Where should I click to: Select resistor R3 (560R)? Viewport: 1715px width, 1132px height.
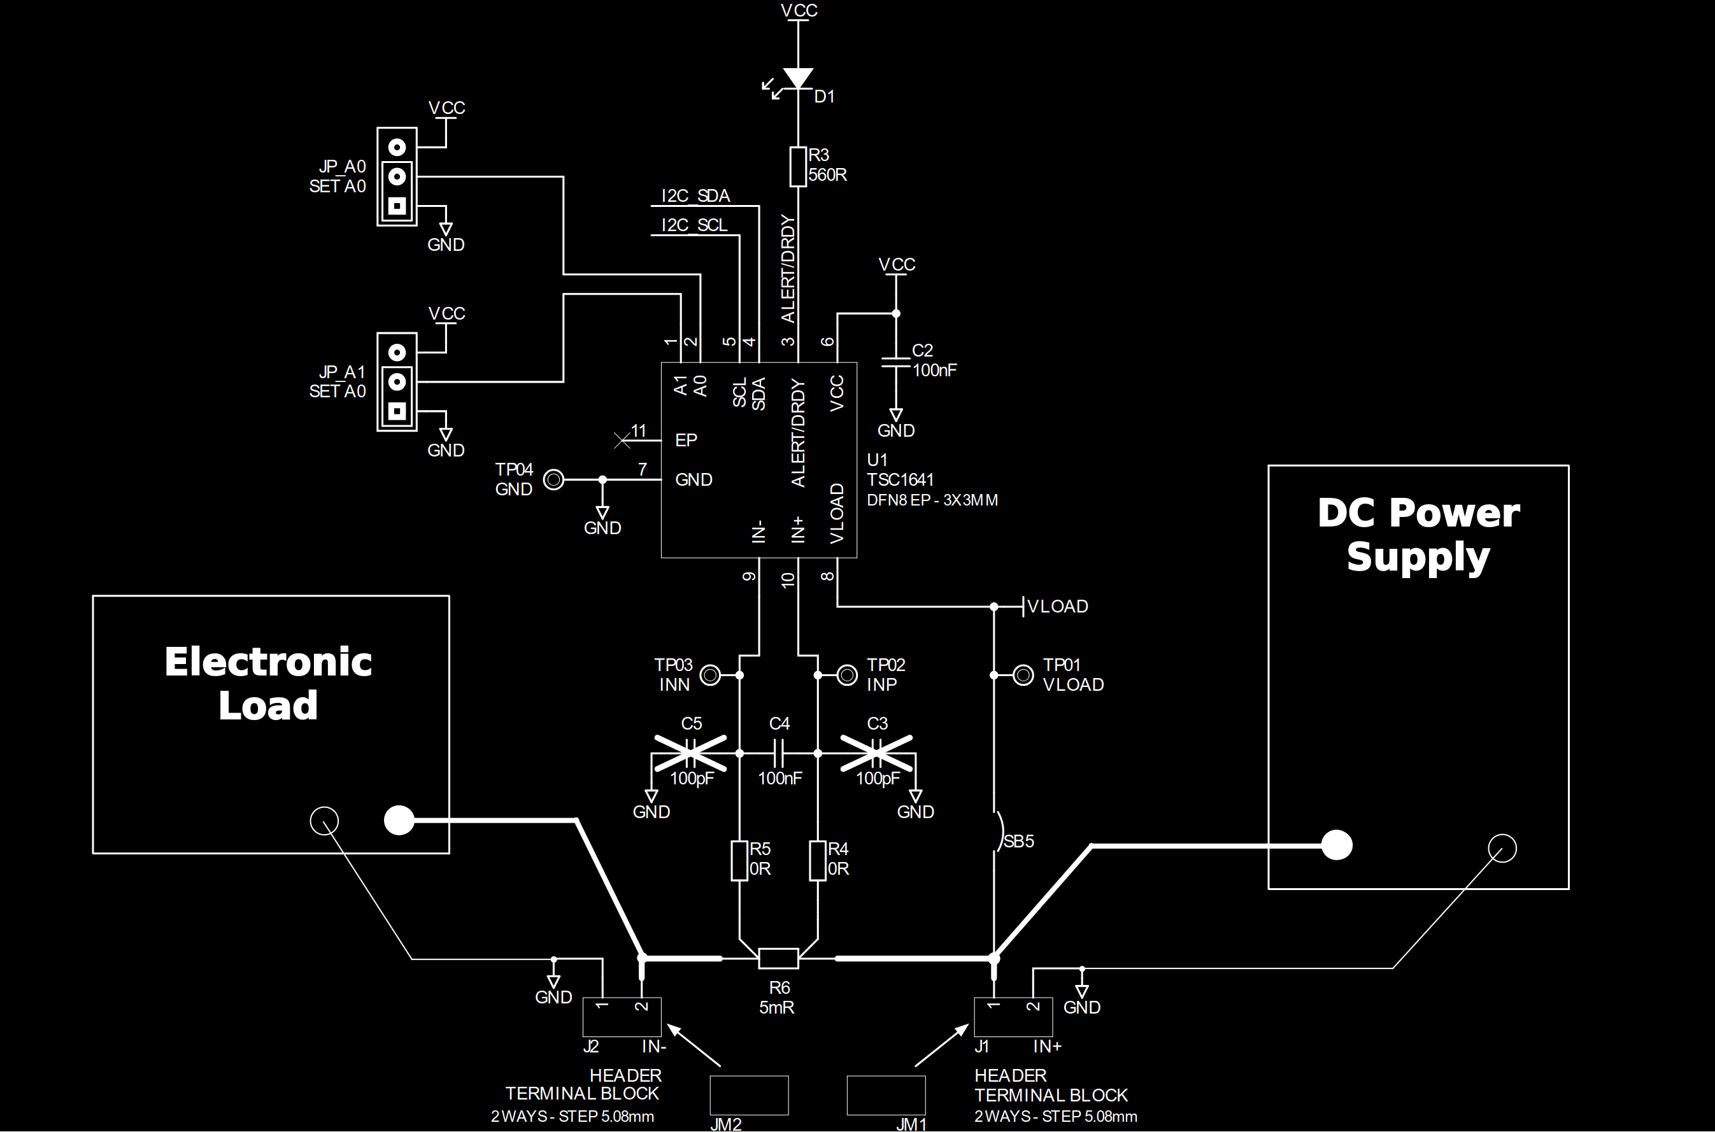[x=798, y=167]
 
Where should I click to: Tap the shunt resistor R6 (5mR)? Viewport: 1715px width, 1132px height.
[x=778, y=959]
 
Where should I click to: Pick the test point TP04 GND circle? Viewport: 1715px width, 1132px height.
[x=554, y=479]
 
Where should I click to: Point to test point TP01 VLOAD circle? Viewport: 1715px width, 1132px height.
[x=1023, y=675]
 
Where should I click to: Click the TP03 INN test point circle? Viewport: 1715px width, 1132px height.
[x=711, y=675]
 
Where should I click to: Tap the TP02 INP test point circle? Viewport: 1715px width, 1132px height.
[x=847, y=675]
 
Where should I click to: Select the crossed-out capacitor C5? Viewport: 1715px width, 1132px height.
[x=691, y=753]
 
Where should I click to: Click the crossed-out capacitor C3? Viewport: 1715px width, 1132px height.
[x=876, y=753]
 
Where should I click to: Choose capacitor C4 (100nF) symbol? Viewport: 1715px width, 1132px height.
[x=779, y=753]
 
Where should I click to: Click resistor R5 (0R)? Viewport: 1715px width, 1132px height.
[x=739, y=861]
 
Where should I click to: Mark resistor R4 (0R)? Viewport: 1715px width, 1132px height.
[x=818, y=861]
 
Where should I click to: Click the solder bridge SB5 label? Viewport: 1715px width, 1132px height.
[x=1018, y=841]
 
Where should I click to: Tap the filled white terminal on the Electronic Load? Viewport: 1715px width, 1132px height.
[x=399, y=820]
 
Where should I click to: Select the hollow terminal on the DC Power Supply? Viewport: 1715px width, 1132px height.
[x=1503, y=848]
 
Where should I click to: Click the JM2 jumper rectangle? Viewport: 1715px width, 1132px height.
[x=749, y=1095]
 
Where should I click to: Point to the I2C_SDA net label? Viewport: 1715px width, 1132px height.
[x=695, y=196]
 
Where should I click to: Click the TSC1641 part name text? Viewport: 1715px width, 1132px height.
[x=900, y=480]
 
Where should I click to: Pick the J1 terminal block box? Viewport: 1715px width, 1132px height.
[x=1013, y=1017]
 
